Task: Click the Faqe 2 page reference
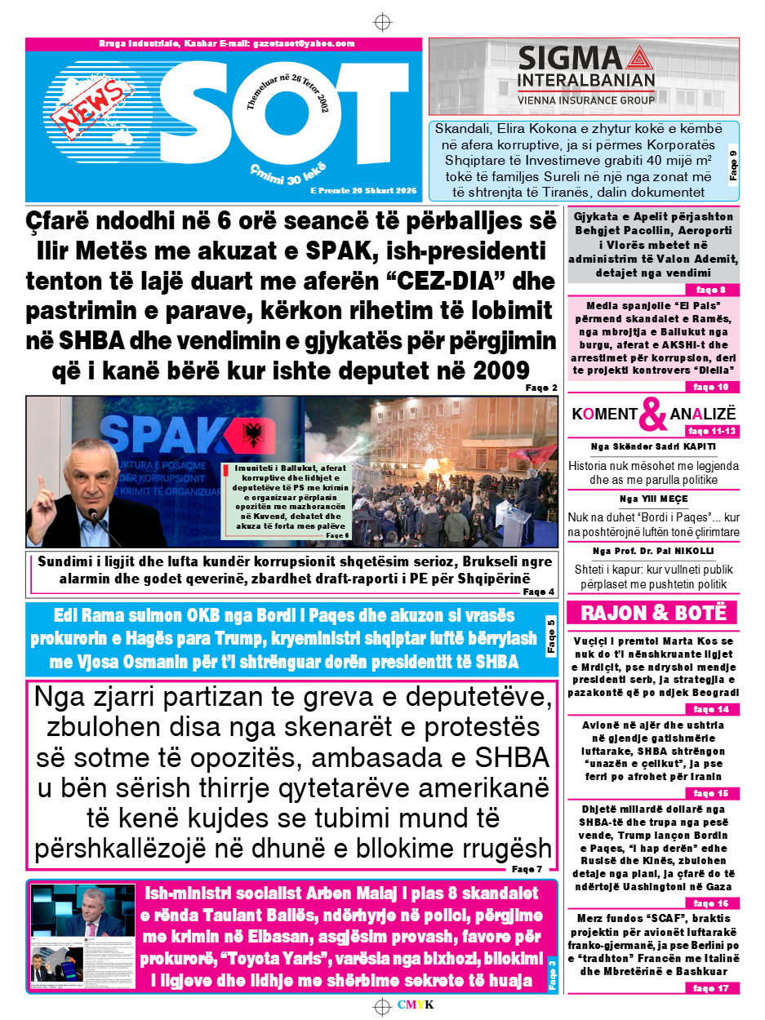coord(542,388)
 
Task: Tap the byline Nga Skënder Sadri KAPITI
coord(653,446)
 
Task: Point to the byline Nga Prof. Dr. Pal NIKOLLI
coord(653,551)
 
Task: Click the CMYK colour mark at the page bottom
coord(416,1004)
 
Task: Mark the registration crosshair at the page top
coord(382,21)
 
